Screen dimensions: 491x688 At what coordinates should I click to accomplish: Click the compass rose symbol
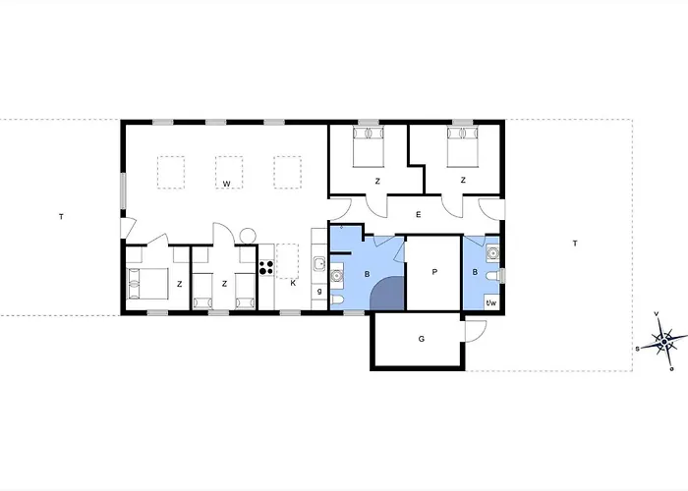point(665,342)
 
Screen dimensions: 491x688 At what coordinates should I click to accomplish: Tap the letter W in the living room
point(225,184)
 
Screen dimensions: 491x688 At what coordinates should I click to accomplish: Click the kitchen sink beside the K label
point(318,263)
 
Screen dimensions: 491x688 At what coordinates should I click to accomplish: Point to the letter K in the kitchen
point(293,283)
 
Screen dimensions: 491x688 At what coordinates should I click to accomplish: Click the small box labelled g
point(319,292)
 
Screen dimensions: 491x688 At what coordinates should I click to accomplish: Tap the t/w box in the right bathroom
point(491,302)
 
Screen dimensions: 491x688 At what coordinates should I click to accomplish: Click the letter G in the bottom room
point(421,340)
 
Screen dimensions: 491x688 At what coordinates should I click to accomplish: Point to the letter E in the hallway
point(418,214)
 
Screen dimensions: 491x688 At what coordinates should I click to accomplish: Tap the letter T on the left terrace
point(60,216)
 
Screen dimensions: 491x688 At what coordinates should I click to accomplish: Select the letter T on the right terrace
point(574,243)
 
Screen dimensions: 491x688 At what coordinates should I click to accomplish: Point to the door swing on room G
point(474,332)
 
